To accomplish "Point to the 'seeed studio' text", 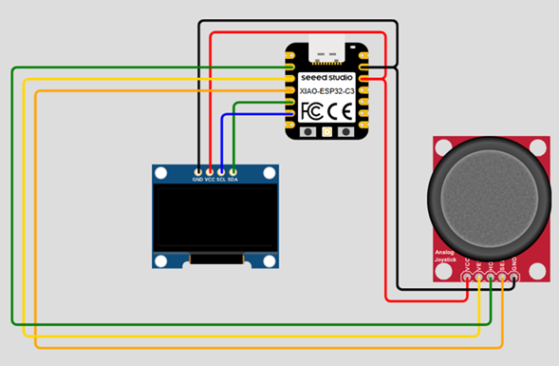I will pyautogui.click(x=327, y=77).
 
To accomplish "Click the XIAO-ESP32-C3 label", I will pyautogui.click(x=327, y=91).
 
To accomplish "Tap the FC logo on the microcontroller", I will pyautogui.click(x=312, y=111).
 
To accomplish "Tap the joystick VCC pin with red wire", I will pyautogui.click(x=466, y=277).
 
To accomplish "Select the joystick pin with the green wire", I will pyautogui.click(x=491, y=277).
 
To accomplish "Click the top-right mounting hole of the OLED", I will pyautogui.click(x=270, y=173).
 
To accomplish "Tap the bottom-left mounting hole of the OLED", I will pyautogui.click(x=161, y=259).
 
